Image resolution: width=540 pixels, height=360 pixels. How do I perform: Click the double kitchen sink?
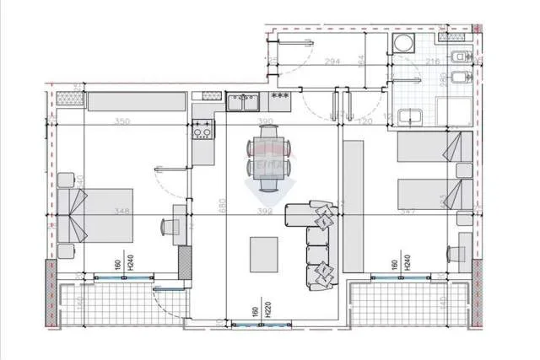pyautogui.click(x=245, y=102)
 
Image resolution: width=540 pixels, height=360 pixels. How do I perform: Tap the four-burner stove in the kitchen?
pyautogui.click(x=202, y=130)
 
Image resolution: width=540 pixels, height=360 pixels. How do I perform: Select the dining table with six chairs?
pyautogui.click(x=267, y=157)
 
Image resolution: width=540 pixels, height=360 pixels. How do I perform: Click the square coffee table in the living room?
pyautogui.click(x=264, y=253)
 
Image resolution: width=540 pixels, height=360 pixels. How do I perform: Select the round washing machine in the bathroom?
pyautogui.click(x=403, y=45)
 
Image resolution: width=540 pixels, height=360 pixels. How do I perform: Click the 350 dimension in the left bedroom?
pyautogui.click(x=122, y=122)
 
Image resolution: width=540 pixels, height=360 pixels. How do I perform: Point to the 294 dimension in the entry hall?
pyautogui.click(x=332, y=62)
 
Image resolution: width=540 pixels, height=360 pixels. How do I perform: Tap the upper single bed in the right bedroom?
pyautogui.click(x=435, y=148)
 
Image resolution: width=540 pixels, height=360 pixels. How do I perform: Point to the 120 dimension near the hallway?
pyautogui.click(x=364, y=122)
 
